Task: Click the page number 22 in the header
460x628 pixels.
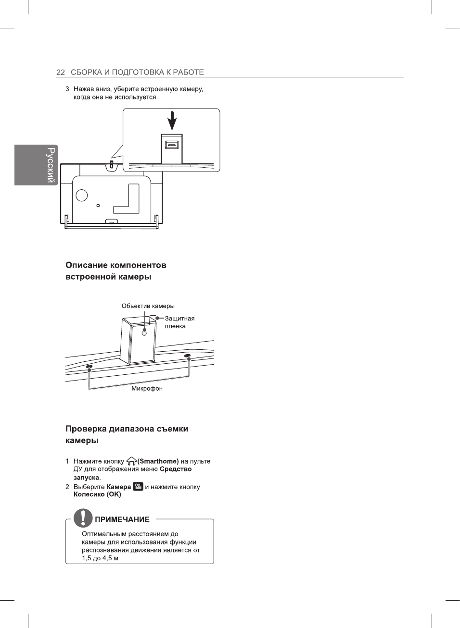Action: (60, 73)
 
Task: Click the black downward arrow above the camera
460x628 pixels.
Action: (172, 121)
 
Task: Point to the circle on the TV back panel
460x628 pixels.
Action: (82, 195)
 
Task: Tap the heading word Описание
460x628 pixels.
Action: (87, 265)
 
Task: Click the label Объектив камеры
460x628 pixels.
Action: (148, 306)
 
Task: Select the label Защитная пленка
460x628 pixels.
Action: (179, 322)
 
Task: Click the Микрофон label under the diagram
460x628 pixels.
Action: (147, 388)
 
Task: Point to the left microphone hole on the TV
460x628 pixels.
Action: (89, 367)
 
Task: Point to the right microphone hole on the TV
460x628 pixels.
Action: (188, 356)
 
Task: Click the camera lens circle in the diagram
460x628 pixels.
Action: (144, 332)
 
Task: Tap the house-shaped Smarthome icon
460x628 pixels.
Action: (131, 461)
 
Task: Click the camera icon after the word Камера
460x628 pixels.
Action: (138, 487)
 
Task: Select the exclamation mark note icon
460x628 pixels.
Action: (83, 518)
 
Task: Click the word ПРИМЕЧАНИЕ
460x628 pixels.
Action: (122, 519)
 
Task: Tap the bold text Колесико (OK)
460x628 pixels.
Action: (97, 494)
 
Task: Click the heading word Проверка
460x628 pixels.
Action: (86, 429)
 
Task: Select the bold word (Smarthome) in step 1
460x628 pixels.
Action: (158, 461)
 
